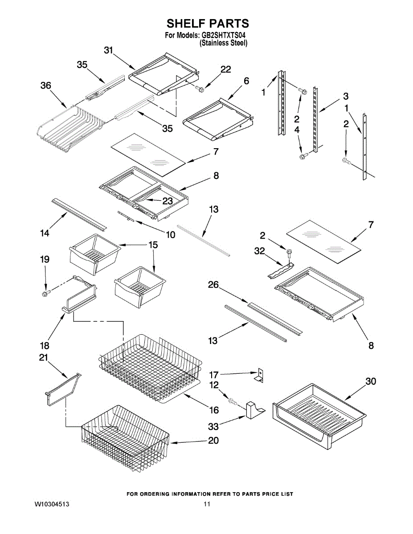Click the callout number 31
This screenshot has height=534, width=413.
click(x=108, y=51)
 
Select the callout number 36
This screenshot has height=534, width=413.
click(x=46, y=86)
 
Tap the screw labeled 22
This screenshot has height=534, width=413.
click(x=199, y=89)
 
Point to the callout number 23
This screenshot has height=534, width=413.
click(x=168, y=201)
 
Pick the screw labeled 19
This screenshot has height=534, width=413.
click(x=46, y=292)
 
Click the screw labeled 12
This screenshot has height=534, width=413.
click(x=233, y=401)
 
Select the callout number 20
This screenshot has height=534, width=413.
click(x=213, y=441)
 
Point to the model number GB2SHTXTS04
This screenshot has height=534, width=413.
click(x=223, y=35)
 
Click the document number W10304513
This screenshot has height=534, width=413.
click(x=52, y=504)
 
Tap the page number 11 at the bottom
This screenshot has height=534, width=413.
click(x=207, y=504)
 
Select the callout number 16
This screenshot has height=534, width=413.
click(x=213, y=410)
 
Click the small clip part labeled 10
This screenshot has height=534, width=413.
click(x=126, y=216)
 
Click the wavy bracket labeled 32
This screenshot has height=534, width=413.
click(x=281, y=271)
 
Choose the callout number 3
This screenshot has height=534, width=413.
click(x=346, y=96)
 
